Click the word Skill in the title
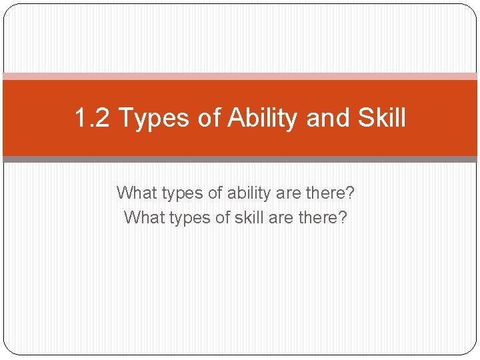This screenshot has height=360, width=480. [x=381, y=119]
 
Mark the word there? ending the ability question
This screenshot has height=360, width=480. [x=331, y=193]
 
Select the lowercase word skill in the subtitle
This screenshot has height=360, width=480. [x=254, y=217]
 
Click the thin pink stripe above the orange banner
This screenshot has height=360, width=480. [x=240, y=77]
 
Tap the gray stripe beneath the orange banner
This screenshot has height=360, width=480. [x=240, y=159]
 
